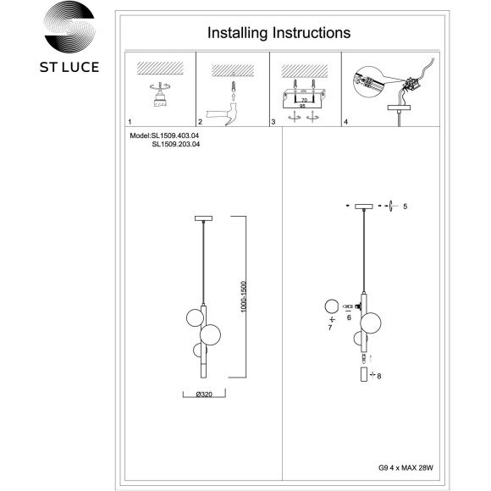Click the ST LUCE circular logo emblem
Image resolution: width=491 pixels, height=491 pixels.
click(x=69, y=27)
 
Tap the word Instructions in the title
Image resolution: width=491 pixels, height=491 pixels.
click(x=312, y=32)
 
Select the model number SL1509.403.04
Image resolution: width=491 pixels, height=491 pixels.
click(x=175, y=136)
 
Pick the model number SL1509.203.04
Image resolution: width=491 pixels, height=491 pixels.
click(x=176, y=145)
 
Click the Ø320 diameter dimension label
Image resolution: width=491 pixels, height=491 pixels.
click(x=204, y=394)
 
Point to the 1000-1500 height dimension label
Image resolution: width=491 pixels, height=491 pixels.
click(x=244, y=296)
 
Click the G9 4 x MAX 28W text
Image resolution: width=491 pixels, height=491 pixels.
click(x=405, y=468)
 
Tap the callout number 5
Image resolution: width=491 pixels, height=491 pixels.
click(x=405, y=207)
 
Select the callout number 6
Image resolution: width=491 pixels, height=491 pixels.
click(x=349, y=317)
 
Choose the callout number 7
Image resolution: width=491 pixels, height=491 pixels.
click(x=330, y=328)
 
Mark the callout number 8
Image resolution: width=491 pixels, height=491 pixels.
click(x=379, y=376)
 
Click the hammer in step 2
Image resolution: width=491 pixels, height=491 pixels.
click(x=223, y=114)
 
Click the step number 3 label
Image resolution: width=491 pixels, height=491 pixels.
click(x=273, y=122)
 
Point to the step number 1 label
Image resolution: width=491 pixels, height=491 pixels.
click(x=130, y=122)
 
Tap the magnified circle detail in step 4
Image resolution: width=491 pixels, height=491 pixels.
click(x=369, y=82)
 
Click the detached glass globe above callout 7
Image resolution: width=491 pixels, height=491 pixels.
click(x=332, y=306)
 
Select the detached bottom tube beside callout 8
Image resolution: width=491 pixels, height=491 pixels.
click(x=364, y=374)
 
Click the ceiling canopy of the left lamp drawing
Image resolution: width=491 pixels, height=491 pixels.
click(x=203, y=218)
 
